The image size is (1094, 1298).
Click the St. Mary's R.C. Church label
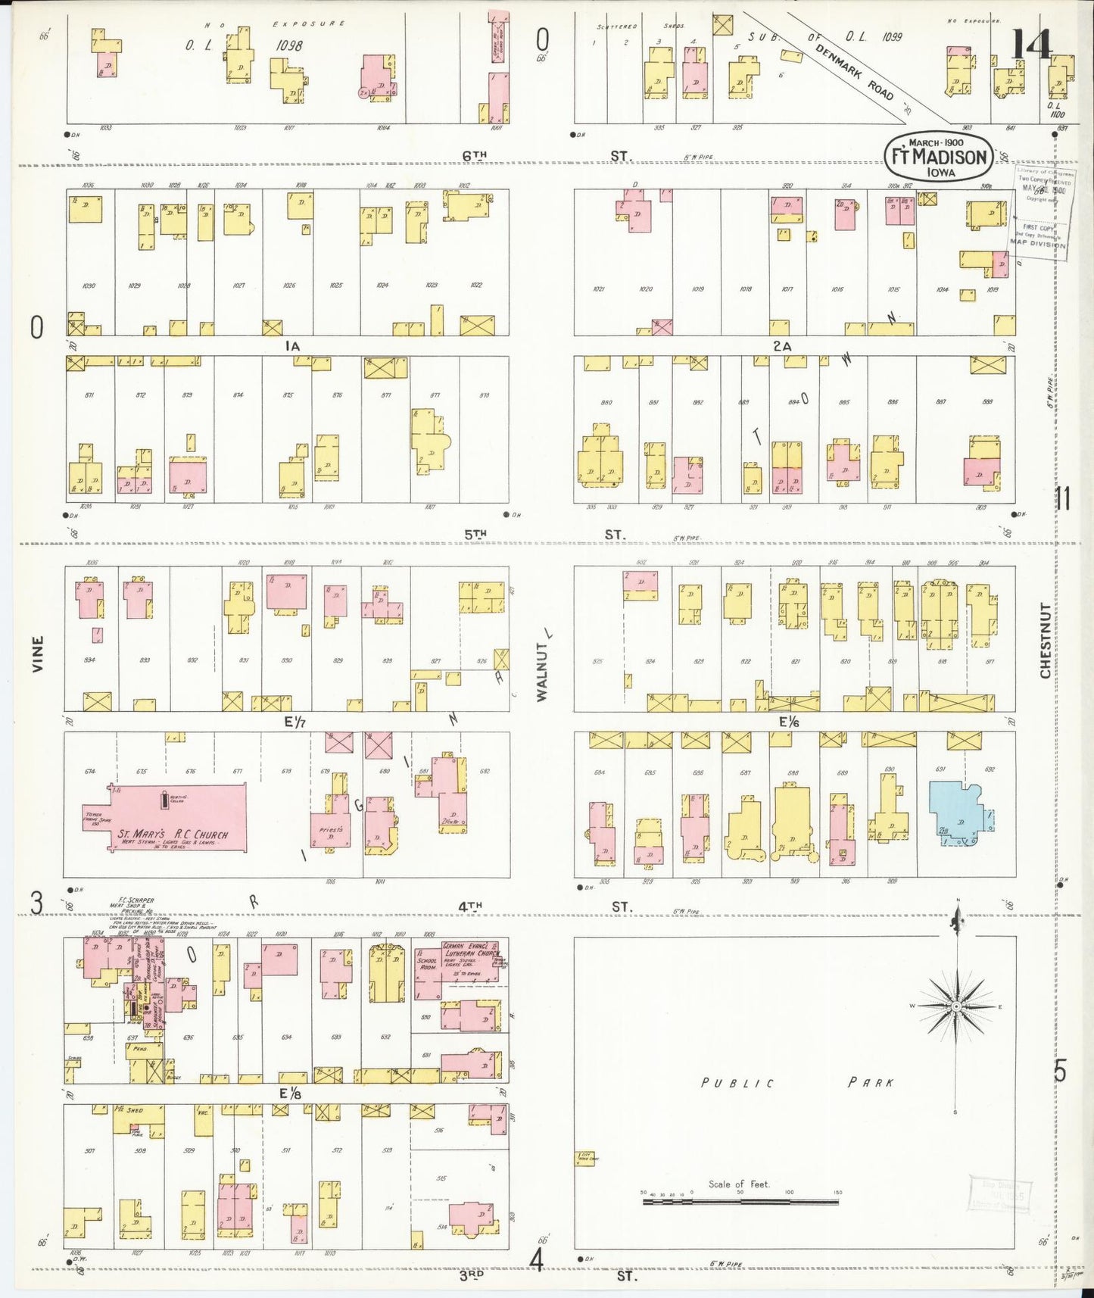[x=172, y=835]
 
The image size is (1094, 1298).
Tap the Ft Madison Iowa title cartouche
[x=939, y=156]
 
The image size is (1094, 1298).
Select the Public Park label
[x=798, y=1082]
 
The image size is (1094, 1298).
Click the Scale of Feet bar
[x=740, y=1201]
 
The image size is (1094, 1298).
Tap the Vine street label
[x=39, y=654]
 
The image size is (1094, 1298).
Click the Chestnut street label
[x=1046, y=640]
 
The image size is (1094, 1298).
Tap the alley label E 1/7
[x=295, y=722]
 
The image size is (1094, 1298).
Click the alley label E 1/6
[x=790, y=722]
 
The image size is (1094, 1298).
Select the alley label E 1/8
[x=290, y=1094]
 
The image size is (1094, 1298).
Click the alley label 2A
[x=782, y=346]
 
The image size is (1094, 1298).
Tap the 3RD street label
[x=472, y=1275]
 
